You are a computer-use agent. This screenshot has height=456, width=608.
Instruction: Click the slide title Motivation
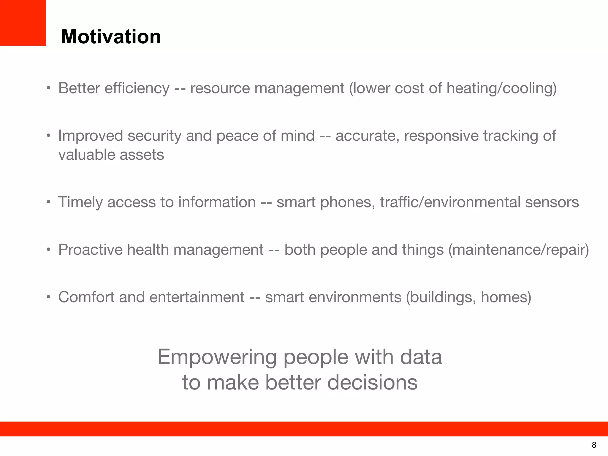click(x=111, y=37)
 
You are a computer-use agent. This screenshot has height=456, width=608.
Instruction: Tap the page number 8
click(x=594, y=445)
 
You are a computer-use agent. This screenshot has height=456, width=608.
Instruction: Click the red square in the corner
click(x=23, y=23)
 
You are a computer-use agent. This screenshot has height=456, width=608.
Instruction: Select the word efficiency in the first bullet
click(x=137, y=88)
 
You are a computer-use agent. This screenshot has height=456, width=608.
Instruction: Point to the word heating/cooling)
click(x=501, y=88)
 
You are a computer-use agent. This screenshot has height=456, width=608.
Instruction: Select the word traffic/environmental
click(x=450, y=202)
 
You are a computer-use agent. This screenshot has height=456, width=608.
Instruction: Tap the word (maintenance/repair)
click(x=518, y=250)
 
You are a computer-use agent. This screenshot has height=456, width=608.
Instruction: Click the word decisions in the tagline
click(x=372, y=382)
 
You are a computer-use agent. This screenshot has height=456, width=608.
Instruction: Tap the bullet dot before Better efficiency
click(x=48, y=88)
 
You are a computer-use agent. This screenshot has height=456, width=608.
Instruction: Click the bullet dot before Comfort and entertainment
click(x=48, y=297)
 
